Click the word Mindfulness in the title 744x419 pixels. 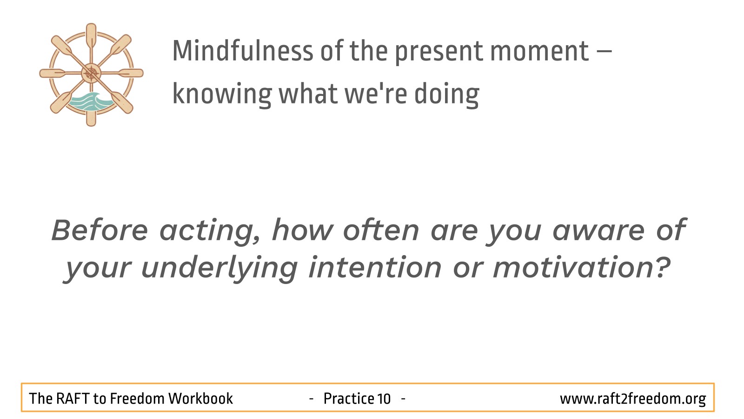pyautogui.click(x=242, y=51)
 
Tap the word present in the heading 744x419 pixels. pyautogui.click(x=438, y=53)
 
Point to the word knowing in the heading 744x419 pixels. pyautogui.click(x=222, y=95)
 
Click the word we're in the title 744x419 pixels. pyautogui.click(x=376, y=94)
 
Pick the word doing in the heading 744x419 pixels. pyautogui.click(x=446, y=95)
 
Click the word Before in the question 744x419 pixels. pyautogui.click(x=100, y=230)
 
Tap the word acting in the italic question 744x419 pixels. pyautogui.click(x=210, y=231)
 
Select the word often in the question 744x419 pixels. pyautogui.click(x=381, y=230)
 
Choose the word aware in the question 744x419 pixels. pyautogui.click(x=598, y=231)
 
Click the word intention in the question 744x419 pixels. pyautogui.click(x=375, y=267)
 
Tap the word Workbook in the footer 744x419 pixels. pyautogui.click(x=200, y=399)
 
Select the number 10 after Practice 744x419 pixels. pyautogui.click(x=384, y=399)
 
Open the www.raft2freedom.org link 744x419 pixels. pyautogui.click(x=633, y=399)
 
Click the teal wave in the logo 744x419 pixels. pyautogui.click(x=90, y=102)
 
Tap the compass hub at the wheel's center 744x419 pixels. pyautogui.click(x=91, y=73)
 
